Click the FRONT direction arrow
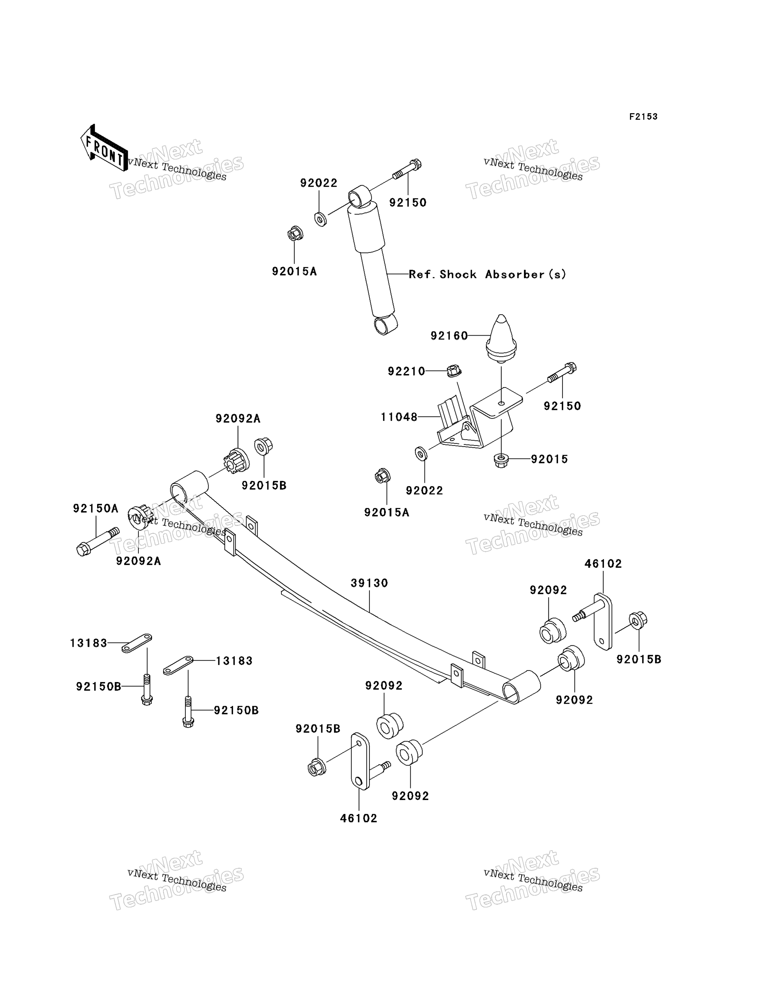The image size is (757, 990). pos(104,148)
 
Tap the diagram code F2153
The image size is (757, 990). pos(643,117)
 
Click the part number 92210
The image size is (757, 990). pos(406,371)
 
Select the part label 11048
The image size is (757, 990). pos(399,417)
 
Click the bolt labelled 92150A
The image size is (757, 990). pos(98,542)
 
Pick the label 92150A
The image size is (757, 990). pos(96,509)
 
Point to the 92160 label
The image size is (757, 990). pos(449,336)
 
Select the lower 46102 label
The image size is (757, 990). pos(359,818)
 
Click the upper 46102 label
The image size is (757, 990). pos(603,564)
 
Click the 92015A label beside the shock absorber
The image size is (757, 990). pos(295,271)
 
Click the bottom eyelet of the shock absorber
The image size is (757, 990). pos(386,325)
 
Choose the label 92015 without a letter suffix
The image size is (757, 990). pos(549,459)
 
